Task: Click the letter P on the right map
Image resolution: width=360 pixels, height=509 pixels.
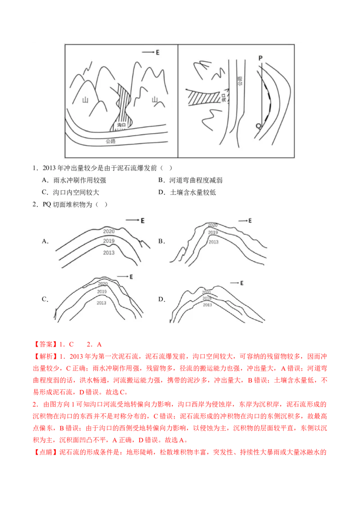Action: point(260,58)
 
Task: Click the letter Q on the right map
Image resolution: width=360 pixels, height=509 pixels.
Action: point(258,126)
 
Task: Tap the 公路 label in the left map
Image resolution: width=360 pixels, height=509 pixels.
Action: point(110,141)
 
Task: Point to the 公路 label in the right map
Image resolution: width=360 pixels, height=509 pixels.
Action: point(240,81)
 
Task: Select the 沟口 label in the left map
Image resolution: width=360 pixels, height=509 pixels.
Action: point(121,125)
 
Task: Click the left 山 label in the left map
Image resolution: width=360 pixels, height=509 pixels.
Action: point(85,99)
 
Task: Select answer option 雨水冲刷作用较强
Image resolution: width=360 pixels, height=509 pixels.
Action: point(80,180)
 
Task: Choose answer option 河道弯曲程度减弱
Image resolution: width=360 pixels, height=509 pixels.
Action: point(196,180)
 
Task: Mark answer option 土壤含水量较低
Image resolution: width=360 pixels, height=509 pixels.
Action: point(193,192)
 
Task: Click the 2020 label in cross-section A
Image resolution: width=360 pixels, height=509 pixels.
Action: point(109,231)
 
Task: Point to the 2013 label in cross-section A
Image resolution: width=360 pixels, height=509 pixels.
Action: point(109,253)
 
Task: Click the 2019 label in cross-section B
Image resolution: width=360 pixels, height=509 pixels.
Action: point(213,232)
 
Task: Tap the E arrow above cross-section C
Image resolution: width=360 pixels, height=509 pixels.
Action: point(123,277)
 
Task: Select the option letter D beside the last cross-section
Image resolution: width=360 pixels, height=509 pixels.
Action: point(161,299)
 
